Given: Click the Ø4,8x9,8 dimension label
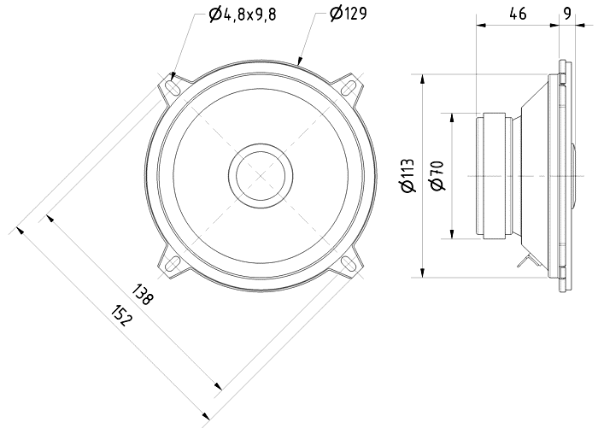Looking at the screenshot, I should (x=242, y=14).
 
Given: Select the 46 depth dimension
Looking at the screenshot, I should (x=517, y=13).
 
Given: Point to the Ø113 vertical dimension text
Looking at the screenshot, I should (x=407, y=175).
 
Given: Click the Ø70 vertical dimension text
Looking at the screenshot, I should (x=436, y=175).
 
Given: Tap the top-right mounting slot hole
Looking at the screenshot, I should (x=349, y=86).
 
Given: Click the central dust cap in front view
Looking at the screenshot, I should (x=260, y=175).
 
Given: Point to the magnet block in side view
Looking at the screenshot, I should (x=494, y=175).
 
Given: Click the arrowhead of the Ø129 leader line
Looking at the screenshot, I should (x=299, y=62).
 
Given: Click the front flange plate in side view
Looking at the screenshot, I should (x=563, y=175).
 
